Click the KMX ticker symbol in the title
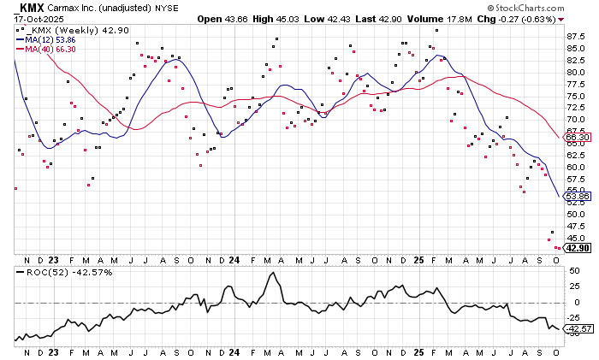coord(33,7)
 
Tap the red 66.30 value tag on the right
coord(578,137)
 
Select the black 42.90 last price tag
coord(578,248)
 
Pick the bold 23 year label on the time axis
coord(53,259)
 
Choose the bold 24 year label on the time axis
coord(234,259)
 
